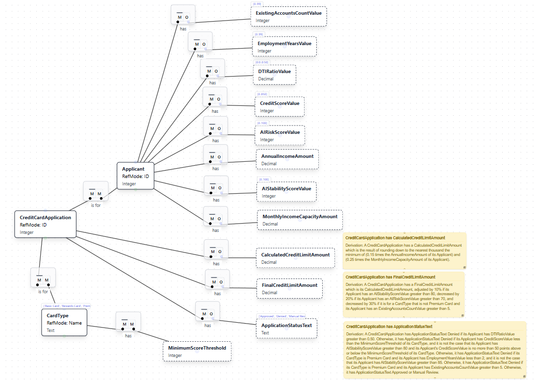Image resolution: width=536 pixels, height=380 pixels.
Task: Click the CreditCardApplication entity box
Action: (x=45, y=224)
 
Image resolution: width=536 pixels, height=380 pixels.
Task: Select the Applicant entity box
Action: (x=135, y=176)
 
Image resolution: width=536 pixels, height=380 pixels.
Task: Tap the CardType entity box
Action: (x=64, y=322)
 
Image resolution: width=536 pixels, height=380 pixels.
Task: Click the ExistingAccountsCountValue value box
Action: (x=288, y=16)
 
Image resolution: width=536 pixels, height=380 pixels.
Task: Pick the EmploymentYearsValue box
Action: (x=284, y=47)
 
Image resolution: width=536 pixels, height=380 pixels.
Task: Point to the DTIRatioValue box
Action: (x=274, y=75)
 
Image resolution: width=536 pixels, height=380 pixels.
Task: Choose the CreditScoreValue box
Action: (x=279, y=106)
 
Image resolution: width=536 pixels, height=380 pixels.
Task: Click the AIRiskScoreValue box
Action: (x=280, y=135)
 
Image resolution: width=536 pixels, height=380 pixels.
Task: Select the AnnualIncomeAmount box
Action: (x=287, y=159)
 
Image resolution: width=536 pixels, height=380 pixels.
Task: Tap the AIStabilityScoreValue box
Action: (x=286, y=192)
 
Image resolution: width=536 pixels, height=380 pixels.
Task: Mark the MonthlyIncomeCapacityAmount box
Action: (x=300, y=220)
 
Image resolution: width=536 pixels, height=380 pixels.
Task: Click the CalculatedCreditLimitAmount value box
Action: (x=295, y=258)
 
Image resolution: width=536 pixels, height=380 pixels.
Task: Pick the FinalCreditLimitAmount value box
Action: (x=289, y=288)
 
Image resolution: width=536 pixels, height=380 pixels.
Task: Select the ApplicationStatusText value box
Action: (x=286, y=329)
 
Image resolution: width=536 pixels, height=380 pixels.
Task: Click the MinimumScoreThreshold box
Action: (x=197, y=351)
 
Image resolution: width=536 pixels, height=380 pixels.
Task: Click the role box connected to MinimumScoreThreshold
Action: (x=128, y=324)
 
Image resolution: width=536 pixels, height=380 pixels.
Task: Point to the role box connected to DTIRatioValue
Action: (x=212, y=71)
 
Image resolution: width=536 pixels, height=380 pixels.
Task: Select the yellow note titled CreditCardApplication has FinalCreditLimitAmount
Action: (x=403, y=295)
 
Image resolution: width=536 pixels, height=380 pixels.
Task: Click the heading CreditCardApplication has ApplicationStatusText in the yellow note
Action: (x=389, y=327)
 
